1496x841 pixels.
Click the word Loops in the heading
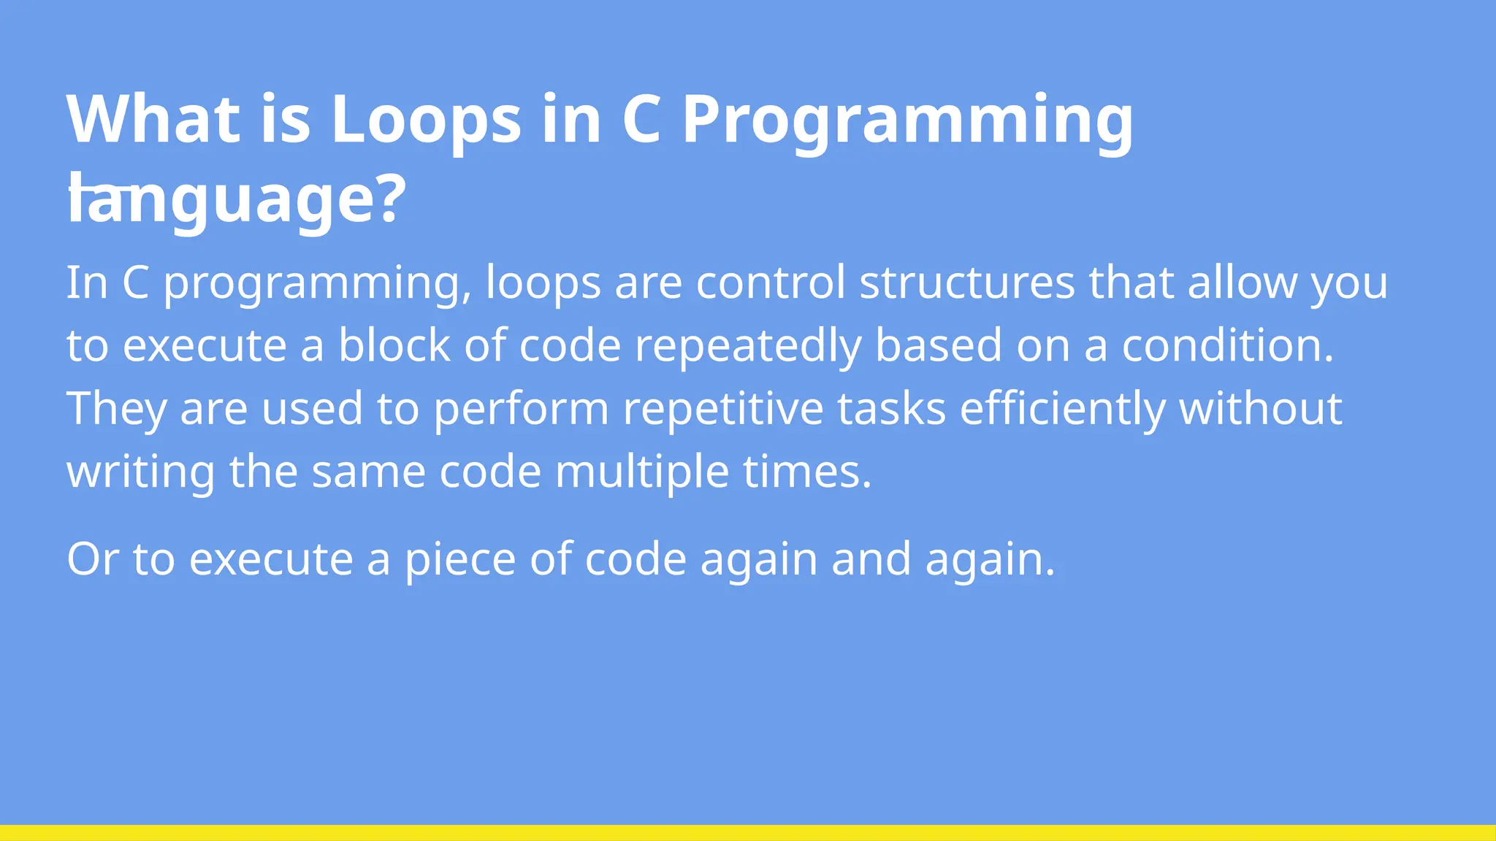(426, 119)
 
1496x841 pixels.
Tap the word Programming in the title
(907, 119)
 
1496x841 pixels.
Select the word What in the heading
(153, 119)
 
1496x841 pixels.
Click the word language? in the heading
(236, 199)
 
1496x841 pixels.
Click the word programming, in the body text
(317, 284)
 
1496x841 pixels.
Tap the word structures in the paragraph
(966, 283)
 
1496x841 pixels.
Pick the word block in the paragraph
(394, 345)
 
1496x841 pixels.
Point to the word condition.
(1227, 345)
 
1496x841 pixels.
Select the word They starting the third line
(116, 410)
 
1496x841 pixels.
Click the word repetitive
(722, 410)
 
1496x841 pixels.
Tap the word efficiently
(1062, 410)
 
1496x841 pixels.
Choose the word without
(1260, 408)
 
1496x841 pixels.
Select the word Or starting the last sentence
(93, 559)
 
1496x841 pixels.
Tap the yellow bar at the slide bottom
(748, 833)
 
